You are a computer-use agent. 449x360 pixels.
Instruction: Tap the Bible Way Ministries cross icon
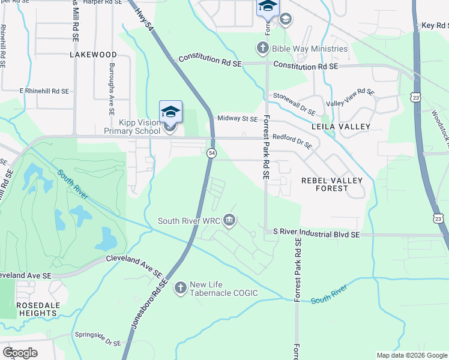pos(262,48)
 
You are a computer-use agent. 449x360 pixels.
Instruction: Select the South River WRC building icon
pos(229,221)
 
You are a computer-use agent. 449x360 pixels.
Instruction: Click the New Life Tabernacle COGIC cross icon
pos(179,289)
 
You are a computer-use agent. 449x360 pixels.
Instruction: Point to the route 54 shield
pos(211,154)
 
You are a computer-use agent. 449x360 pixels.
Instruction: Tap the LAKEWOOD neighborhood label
pos(93,55)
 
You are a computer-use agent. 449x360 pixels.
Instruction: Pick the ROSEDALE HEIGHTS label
pos(38,309)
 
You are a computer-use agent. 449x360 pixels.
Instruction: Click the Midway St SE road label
pos(237,119)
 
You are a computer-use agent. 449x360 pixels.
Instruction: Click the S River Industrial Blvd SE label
pos(316,232)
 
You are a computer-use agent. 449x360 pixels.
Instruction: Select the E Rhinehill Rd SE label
pos(44,91)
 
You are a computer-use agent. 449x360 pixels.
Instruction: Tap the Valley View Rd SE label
pos(350,98)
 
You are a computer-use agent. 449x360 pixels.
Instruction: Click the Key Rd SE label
pos(435,26)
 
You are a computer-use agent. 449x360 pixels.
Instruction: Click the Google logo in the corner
pos(20,353)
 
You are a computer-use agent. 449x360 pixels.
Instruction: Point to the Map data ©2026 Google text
pos(411,355)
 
